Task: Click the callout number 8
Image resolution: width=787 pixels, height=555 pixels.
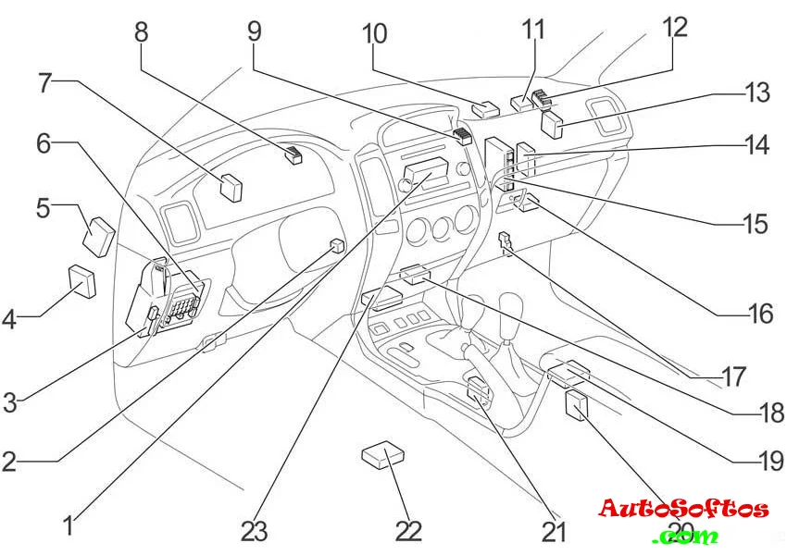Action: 141,32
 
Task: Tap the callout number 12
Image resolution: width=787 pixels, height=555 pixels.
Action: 673,27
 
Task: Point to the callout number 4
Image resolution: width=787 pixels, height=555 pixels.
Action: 10,321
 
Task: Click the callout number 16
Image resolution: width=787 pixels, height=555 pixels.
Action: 761,314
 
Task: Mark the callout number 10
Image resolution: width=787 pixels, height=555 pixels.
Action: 374,34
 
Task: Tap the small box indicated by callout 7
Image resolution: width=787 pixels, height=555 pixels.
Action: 231,187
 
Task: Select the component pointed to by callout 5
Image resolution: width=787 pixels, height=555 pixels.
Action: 99,235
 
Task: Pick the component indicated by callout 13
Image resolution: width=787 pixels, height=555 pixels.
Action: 552,124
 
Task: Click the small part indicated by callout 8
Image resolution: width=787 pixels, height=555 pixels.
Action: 294,155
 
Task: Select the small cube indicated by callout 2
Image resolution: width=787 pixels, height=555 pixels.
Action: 337,246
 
